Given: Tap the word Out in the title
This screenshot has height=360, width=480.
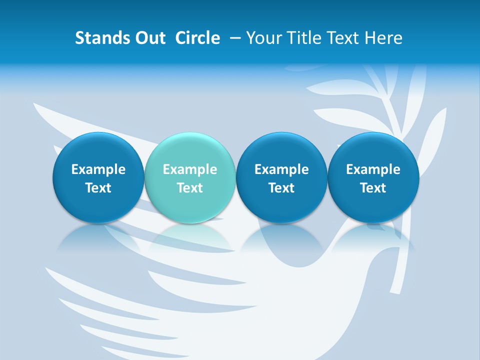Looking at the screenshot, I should click(x=149, y=38).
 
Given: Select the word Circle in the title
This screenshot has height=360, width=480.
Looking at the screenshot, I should click(x=197, y=38).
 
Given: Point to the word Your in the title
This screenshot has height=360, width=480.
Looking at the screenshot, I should click(x=264, y=38).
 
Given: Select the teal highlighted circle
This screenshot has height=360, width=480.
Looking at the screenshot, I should click(x=190, y=177).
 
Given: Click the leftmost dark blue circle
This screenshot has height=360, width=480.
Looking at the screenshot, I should click(x=98, y=177).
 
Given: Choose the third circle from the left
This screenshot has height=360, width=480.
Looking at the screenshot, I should click(x=281, y=177).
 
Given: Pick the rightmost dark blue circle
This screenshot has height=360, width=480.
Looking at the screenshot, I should click(x=373, y=177).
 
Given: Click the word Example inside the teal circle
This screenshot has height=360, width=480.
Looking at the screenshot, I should click(x=190, y=169).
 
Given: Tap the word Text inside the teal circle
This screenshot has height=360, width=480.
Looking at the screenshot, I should click(x=190, y=188).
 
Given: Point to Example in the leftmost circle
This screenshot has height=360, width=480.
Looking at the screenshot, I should click(x=98, y=169).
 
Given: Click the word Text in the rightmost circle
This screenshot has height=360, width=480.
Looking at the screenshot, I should click(x=373, y=188).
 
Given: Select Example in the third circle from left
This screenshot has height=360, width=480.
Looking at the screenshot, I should click(x=281, y=169).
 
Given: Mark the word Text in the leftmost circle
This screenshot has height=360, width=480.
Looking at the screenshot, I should click(x=98, y=188).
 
